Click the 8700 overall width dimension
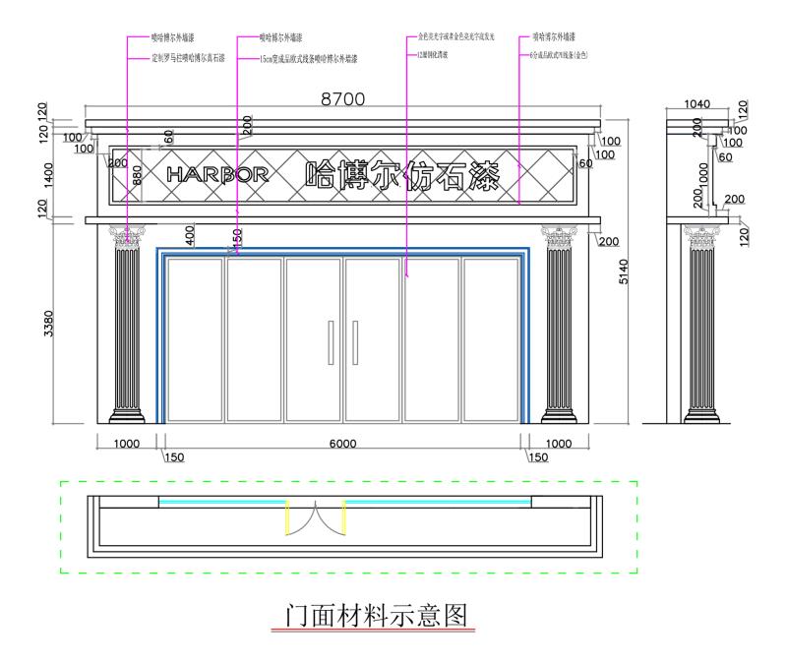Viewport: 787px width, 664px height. (x=342, y=98)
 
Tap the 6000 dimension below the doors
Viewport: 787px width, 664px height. (x=342, y=444)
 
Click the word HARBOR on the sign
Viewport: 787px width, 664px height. (x=217, y=175)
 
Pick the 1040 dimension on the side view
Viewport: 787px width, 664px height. (x=697, y=103)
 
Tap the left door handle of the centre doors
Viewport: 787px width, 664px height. (x=331, y=341)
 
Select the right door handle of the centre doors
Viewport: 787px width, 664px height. (x=354, y=341)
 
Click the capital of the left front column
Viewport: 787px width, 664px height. (x=126, y=236)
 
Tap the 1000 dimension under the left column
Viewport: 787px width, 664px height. (x=126, y=444)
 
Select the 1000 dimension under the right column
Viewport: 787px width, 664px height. (x=559, y=444)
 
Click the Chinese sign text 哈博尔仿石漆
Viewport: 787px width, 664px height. (x=400, y=176)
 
